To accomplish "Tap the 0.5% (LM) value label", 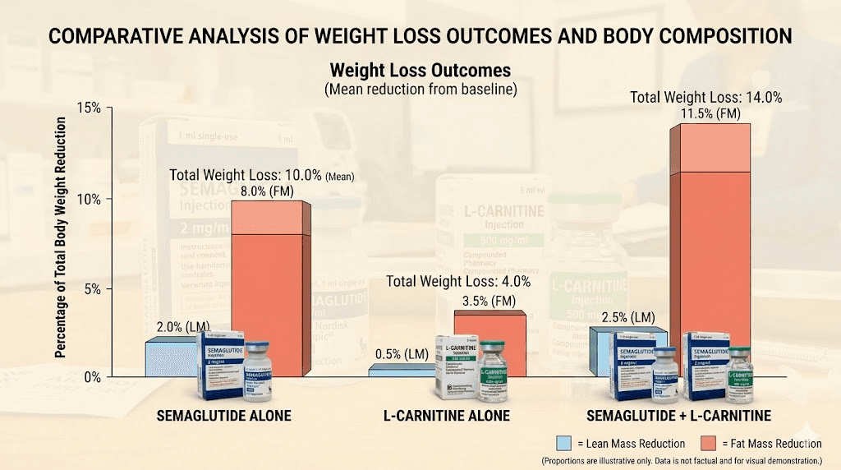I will click(402, 355).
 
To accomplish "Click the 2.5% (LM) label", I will click(628, 317).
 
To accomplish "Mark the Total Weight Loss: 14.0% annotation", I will click(705, 97).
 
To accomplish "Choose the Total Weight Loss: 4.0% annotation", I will click(459, 282).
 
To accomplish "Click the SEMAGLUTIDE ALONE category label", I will click(224, 416).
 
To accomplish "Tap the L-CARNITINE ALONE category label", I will click(447, 416).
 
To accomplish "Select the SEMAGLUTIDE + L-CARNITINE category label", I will click(678, 416).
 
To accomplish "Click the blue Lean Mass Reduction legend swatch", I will click(565, 444).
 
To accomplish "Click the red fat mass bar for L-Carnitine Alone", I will click(490, 341).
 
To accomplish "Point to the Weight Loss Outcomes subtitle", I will click(420, 70).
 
